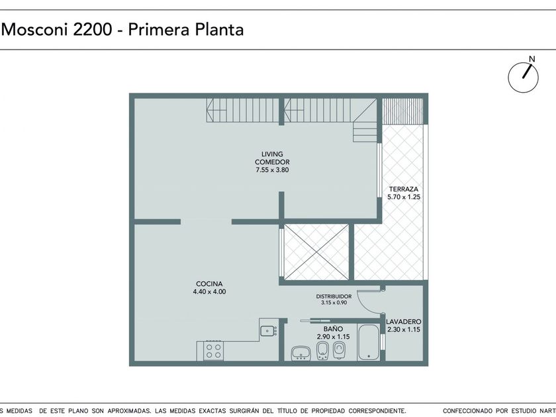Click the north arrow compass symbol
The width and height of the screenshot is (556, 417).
point(524,77)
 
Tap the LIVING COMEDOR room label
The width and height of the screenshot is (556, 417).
point(272,158)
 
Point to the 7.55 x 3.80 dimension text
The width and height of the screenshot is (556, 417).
point(272,170)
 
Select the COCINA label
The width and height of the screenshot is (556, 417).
point(209,284)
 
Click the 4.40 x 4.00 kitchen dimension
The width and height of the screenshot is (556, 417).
point(209,292)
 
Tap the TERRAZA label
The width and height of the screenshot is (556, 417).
point(404,189)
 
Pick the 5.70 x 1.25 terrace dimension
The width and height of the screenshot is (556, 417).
point(404,197)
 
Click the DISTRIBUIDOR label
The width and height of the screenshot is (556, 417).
point(334,297)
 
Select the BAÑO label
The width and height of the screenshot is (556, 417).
point(333,329)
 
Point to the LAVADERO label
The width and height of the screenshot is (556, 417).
point(404,322)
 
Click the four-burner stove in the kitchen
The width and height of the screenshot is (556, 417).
point(213,351)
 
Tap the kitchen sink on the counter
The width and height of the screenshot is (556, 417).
point(269,331)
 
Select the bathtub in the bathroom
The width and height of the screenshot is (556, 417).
point(369,342)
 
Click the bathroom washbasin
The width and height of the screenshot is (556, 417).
point(301,353)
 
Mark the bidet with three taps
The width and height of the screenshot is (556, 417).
point(323,351)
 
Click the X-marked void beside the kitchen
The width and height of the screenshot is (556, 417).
point(316,252)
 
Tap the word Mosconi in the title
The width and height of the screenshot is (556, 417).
point(35,29)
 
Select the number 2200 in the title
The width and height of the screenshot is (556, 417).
point(92,29)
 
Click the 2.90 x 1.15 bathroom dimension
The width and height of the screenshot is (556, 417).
point(333,337)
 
